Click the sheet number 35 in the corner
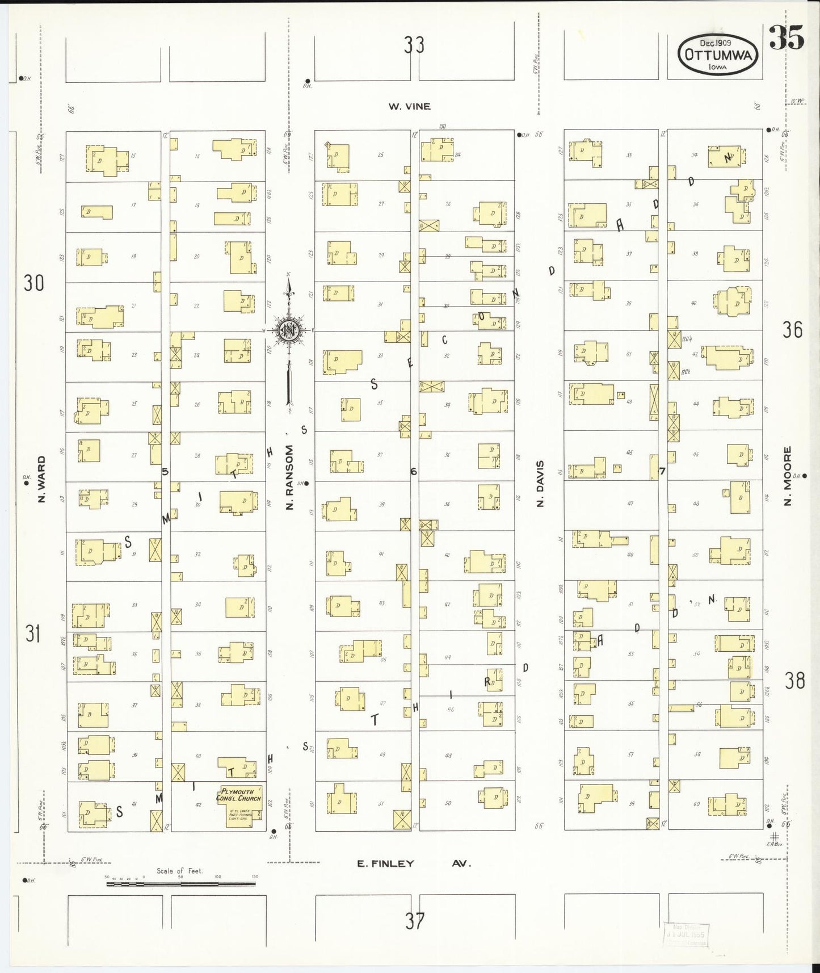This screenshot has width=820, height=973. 787,39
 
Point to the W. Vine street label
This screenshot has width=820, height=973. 409,106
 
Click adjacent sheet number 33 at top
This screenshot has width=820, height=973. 414,44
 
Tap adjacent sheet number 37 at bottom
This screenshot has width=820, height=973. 414,920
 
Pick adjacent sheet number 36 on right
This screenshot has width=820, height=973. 792,329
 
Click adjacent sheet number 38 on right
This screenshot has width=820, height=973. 794,680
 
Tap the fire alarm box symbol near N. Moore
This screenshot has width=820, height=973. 774,836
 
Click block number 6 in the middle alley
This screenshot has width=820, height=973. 414,471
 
